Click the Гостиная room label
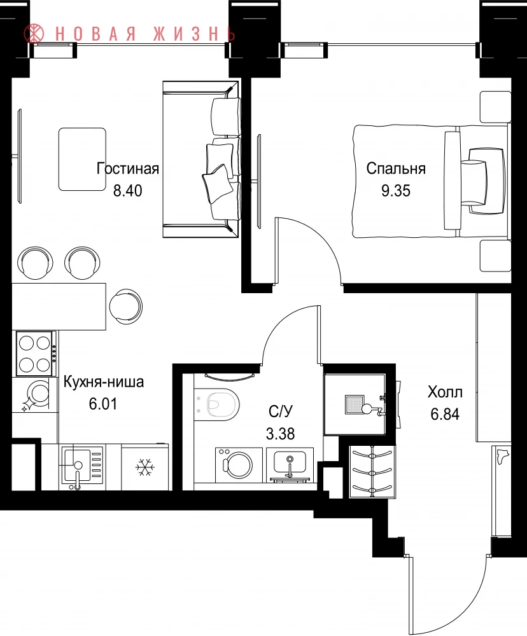tap(127, 169)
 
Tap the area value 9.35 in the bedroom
tap(395, 190)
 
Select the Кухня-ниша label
tap(104, 382)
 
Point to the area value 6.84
tap(445, 414)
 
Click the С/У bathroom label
tap(280, 411)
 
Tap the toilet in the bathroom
tap(217, 404)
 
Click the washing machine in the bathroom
tap(239, 465)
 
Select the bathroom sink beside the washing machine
tap(290, 465)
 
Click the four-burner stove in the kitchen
tap(35, 353)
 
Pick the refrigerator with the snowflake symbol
tap(145, 467)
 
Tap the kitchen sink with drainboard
tap(82, 467)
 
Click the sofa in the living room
tap(201, 159)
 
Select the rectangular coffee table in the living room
tap(82, 159)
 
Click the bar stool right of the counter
tap(126, 307)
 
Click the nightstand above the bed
tap(495, 106)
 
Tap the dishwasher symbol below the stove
tap(35, 394)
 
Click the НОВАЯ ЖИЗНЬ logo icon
tap(34, 34)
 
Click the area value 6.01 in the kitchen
tap(103, 404)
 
